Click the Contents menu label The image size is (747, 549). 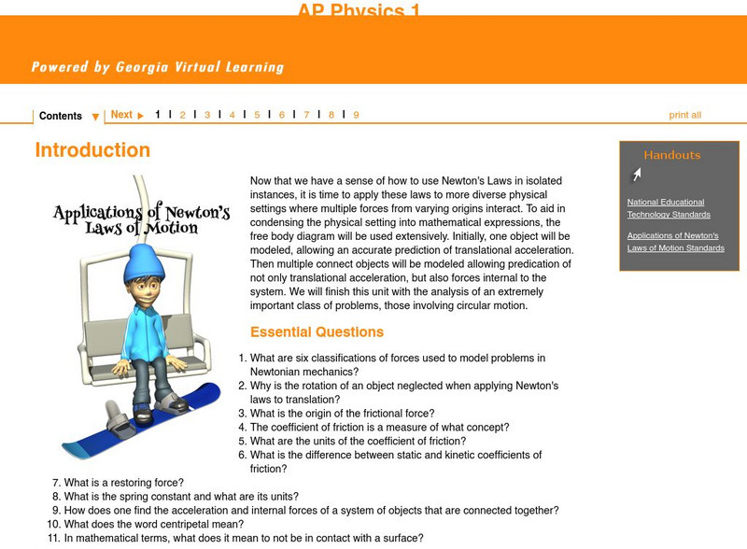pyautogui.click(x=61, y=116)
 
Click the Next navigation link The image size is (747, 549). pyautogui.click(x=121, y=115)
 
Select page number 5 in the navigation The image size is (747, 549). pyautogui.click(x=257, y=115)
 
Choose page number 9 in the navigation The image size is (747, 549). pyautogui.click(x=356, y=115)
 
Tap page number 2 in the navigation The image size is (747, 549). pyautogui.click(x=182, y=115)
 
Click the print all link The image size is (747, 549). pyautogui.click(x=684, y=115)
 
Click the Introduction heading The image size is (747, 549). pyautogui.click(x=92, y=150)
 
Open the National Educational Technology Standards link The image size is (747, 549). pyautogui.click(x=666, y=208)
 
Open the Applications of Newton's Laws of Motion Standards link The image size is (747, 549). pyautogui.click(x=675, y=242)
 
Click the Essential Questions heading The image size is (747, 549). pyautogui.click(x=317, y=332)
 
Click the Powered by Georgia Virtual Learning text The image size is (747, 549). pyautogui.click(x=157, y=67)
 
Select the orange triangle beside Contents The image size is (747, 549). pyautogui.click(x=95, y=118)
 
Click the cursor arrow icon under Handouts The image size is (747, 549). pyautogui.click(x=636, y=174)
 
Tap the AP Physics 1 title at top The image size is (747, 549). pyautogui.click(x=359, y=10)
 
